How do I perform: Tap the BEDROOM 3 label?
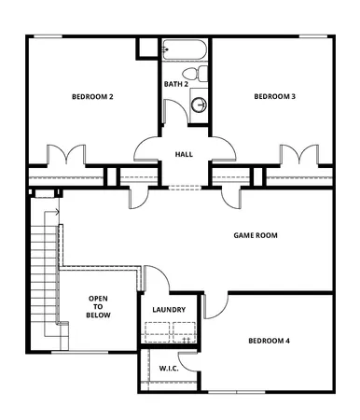pos(275,97)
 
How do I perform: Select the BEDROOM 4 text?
pos(268,342)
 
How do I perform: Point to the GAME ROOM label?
pos(256,236)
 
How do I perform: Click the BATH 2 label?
pos(176,84)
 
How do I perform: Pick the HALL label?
pos(184,154)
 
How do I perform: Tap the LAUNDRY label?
pos(169,310)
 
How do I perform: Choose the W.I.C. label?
pos(169,369)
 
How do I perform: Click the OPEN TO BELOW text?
pos(99,307)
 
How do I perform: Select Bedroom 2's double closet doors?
pos(65,155)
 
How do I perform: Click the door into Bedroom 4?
pos(216,302)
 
